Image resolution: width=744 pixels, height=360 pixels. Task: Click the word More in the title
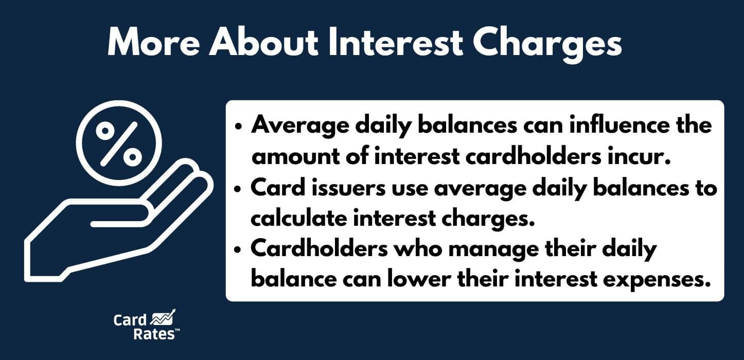coord(153,44)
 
